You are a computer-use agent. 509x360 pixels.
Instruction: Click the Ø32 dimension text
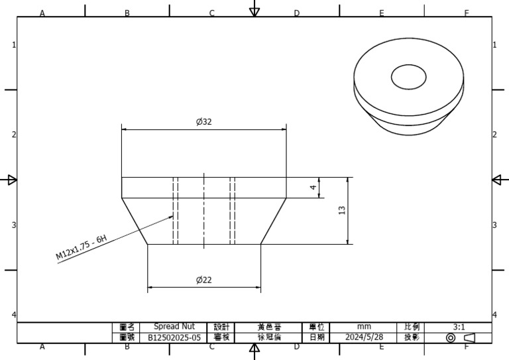[203, 122]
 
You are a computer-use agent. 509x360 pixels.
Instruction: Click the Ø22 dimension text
[203, 280]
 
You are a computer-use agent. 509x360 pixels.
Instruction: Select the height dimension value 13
[342, 210]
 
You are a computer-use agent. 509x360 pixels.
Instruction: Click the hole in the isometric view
[408, 77]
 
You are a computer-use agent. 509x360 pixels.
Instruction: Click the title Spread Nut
[174, 327]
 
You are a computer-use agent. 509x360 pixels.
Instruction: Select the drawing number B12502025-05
[174, 337]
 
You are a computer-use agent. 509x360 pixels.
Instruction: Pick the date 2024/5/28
[364, 337]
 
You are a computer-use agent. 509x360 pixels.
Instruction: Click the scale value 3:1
[459, 327]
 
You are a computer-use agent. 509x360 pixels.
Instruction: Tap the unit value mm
[364, 327]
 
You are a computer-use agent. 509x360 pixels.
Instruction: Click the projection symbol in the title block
[459, 337]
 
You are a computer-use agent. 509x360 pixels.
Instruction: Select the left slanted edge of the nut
[135, 221]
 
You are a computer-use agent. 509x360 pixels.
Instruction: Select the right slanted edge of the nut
[273, 221]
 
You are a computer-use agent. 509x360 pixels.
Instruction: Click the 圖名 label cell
[127, 327]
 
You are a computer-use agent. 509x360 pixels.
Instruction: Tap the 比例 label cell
[411, 327]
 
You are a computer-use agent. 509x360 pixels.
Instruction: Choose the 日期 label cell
[316, 337]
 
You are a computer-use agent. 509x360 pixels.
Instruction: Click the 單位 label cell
[316, 327]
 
